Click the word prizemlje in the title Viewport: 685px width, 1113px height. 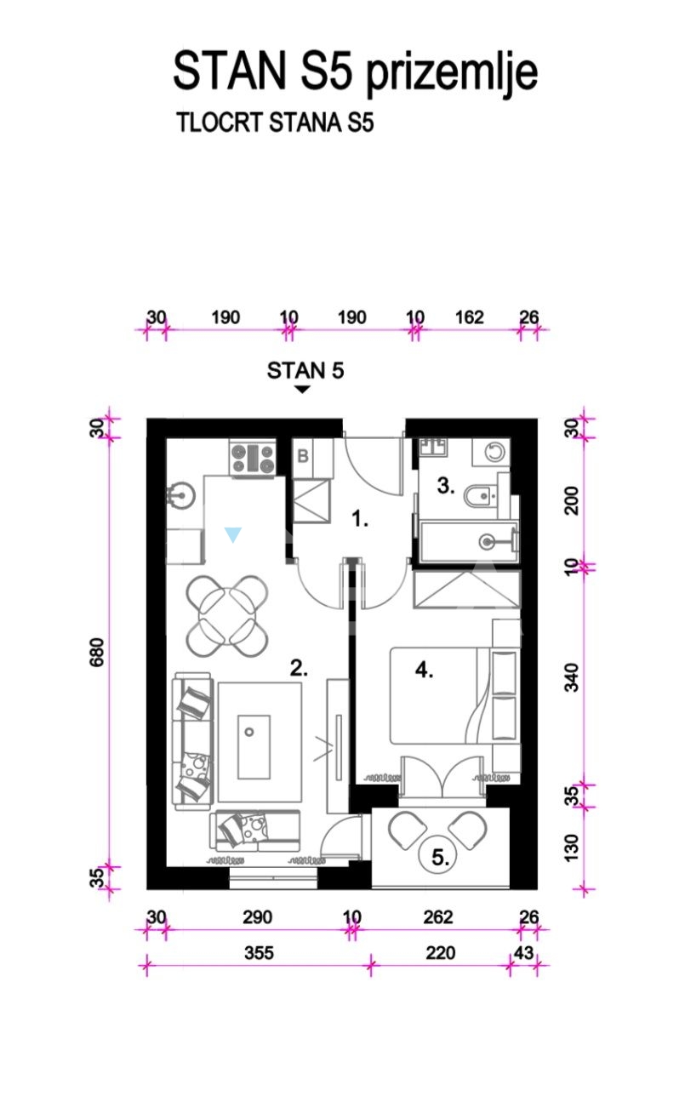pyautogui.click(x=452, y=72)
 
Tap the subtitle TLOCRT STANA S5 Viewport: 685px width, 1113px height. pyautogui.click(x=275, y=123)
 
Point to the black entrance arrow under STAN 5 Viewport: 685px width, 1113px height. pyautogui.click(x=302, y=390)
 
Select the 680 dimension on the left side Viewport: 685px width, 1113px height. pyautogui.click(x=97, y=652)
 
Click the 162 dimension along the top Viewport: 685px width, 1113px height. pyautogui.click(x=470, y=317)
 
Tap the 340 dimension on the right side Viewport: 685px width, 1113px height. pyautogui.click(x=572, y=677)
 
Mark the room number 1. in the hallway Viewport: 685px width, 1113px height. pyautogui.click(x=360, y=519)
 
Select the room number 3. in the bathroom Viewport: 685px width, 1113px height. pyautogui.click(x=446, y=485)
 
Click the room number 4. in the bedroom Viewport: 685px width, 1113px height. pyautogui.click(x=425, y=671)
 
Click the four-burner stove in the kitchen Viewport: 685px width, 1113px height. pyautogui.click(x=253, y=459)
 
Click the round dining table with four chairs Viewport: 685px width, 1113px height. pyautogui.click(x=227, y=616)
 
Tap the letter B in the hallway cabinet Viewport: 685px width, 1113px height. pyautogui.click(x=303, y=455)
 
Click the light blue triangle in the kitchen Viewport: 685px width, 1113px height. pyautogui.click(x=232, y=534)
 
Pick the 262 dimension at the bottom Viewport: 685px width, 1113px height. pyautogui.click(x=438, y=916)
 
